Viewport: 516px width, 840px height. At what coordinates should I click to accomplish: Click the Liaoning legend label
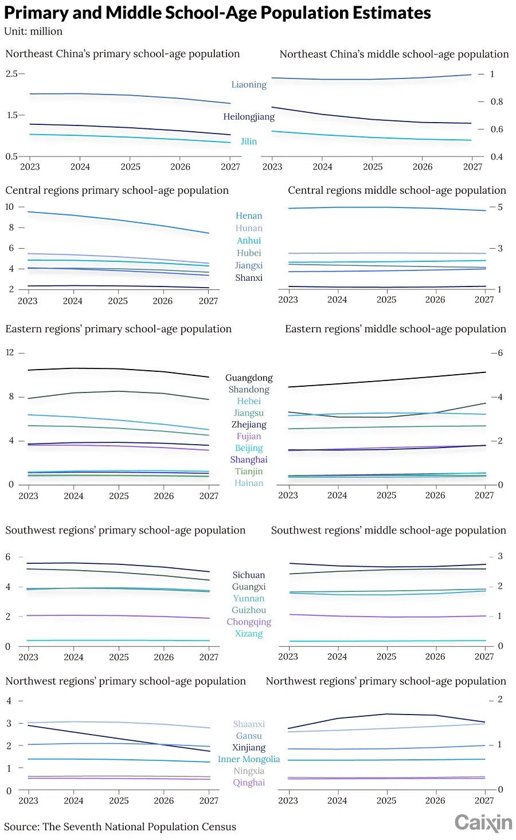click(249, 85)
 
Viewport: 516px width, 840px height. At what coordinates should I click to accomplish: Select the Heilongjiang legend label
click(249, 117)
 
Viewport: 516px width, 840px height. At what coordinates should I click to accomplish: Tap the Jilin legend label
click(249, 142)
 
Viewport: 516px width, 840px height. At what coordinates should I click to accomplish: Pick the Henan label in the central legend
click(249, 216)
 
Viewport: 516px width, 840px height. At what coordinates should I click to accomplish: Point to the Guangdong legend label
click(249, 378)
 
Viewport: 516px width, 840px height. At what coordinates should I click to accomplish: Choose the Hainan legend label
click(249, 483)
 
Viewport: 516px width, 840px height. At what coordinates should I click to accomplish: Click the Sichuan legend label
click(249, 575)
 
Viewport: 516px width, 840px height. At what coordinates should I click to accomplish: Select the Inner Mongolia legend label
click(249, 759)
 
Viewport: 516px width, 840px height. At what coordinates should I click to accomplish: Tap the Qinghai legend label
click(249, 783)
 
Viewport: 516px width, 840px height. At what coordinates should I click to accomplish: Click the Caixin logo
click(483, 823)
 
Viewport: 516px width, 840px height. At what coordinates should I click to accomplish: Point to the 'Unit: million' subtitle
click(33, 32)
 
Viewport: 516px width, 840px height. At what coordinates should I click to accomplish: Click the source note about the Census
click(120, 827)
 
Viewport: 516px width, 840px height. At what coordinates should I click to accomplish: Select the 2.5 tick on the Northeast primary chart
click(11, 74)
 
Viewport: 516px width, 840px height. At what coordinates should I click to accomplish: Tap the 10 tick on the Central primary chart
click(10, 207)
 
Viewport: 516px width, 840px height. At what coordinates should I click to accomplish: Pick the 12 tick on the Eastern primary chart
click(10, 352)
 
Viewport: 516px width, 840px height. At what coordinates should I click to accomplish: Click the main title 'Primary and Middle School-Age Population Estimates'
click(217, 13)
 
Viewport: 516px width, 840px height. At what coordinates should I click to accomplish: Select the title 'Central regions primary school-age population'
click(117, 190)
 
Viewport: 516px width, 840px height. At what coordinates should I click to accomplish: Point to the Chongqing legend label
click(249, 622)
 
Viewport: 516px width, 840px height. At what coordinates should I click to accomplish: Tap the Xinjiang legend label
click(249, 748)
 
